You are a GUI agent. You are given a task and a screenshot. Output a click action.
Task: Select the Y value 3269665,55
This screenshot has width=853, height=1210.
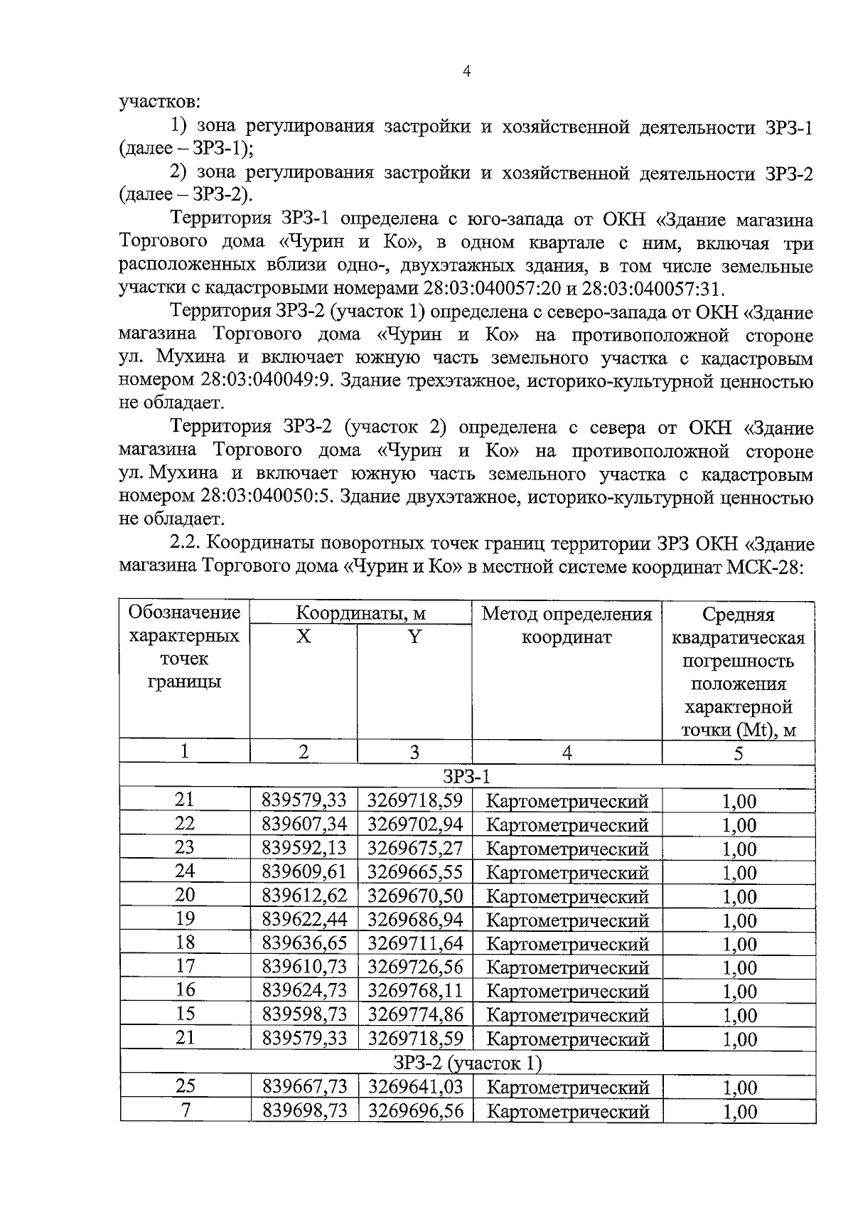click(x=414, y=872)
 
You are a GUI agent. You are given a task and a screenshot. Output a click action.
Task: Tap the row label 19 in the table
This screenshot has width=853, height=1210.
click(x=185, y=919)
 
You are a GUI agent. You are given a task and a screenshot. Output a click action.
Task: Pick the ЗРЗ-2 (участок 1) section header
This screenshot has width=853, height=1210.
click(x=467, y=1063)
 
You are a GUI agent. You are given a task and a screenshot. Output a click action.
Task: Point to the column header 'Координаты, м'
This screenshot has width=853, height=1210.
click(x=360, y=613)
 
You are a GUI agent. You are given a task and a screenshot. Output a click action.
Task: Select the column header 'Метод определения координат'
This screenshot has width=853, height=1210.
click(x=567, y=625)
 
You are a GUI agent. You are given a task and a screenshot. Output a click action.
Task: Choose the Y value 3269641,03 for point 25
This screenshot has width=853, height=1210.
click(x=414, y=1087)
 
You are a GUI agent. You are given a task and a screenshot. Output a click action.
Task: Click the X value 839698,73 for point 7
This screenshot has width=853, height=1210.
click(x=304, y=1110)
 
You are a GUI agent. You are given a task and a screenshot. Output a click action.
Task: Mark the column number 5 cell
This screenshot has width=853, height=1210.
click(x=738, y=753)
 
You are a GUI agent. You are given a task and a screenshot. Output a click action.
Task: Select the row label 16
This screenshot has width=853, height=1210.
click(x=185, y=990)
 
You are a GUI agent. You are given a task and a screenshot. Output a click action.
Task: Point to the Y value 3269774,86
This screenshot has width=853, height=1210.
click(x=414, y=1015)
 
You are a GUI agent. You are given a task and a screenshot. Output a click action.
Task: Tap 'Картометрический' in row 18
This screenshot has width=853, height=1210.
click(x=567, y=944)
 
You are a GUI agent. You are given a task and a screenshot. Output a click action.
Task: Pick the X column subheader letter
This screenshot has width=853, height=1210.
click(x=304, y=636)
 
